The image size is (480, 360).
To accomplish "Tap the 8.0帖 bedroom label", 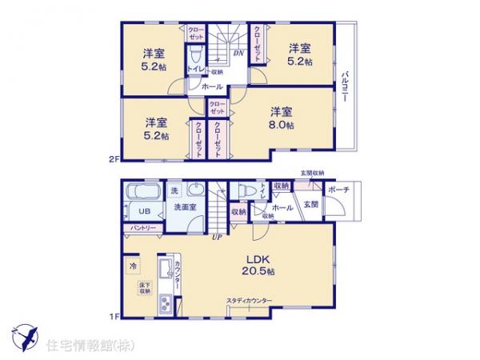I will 281,119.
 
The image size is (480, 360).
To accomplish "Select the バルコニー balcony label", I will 343,85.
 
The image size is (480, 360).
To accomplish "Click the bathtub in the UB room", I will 142,193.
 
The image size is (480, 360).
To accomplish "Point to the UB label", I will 143,211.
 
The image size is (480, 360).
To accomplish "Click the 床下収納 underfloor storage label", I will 144,289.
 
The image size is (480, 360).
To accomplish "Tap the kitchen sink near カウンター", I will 166,303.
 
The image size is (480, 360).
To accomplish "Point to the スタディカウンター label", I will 249,300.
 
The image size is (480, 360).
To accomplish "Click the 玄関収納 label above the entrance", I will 313,173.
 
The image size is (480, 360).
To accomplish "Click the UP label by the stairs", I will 216,237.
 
